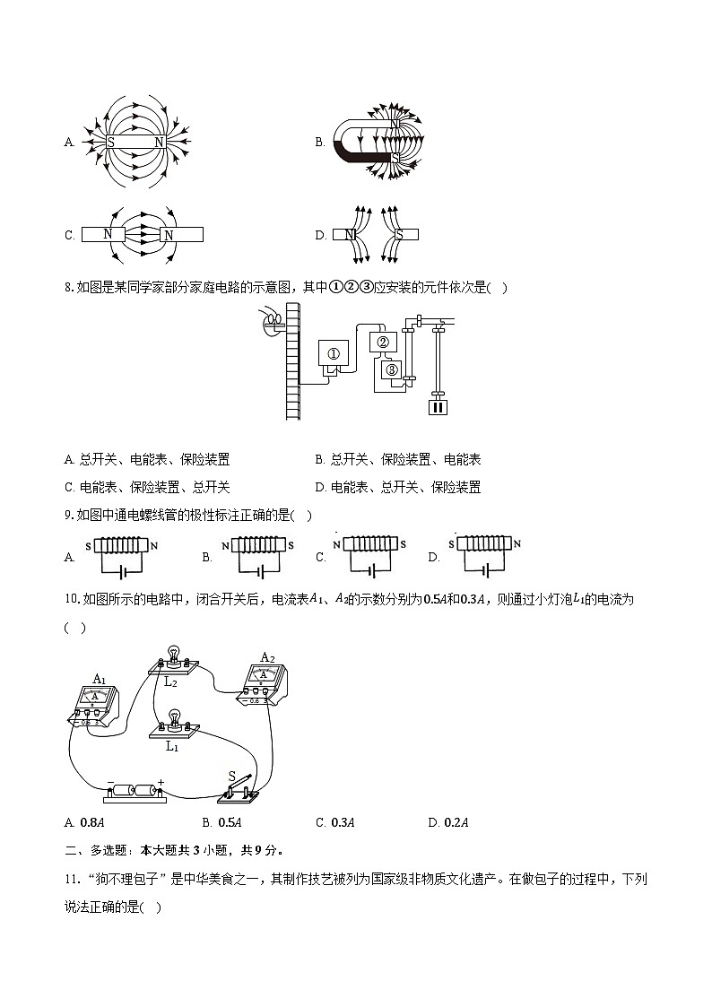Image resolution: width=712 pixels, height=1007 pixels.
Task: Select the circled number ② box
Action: coord(382,343)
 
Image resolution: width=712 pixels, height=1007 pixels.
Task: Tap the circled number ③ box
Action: coord(390,369)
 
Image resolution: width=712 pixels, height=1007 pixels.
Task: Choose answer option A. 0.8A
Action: coord(86,822)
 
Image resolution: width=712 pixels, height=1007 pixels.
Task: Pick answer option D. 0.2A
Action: coord(449,822)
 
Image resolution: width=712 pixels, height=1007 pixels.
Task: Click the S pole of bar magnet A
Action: coord(111,142)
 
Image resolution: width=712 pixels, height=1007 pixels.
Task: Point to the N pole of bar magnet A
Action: coord(159,142)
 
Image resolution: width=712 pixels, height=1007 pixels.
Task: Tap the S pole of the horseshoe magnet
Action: coord(395,158)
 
